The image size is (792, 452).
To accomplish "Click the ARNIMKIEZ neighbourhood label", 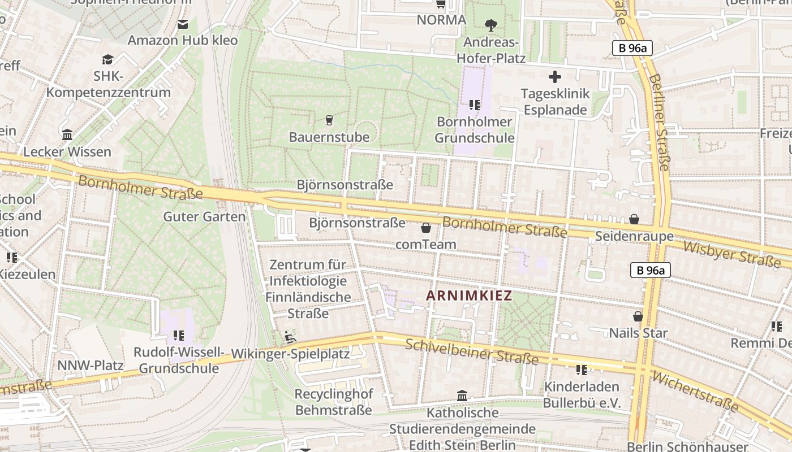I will tap(469, 295).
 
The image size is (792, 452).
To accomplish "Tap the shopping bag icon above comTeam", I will tap(426, 228).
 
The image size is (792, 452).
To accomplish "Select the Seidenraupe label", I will tap(634, 236).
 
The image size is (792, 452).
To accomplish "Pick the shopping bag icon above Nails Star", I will tap(638, 317).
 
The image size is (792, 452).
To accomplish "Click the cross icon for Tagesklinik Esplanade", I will tap(555, 77).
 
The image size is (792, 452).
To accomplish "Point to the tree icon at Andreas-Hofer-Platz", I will tap(490, 25).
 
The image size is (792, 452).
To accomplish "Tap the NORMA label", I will tap(441, 20).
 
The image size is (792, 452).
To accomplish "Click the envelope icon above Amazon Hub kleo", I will tap(183, 24).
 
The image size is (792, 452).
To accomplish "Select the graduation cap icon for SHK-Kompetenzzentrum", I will tap(107, 60).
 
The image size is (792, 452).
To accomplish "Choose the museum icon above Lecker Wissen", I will tap(67, 135).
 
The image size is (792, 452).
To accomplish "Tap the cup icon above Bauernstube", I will tap(329, 120).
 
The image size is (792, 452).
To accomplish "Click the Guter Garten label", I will tap(204, 216).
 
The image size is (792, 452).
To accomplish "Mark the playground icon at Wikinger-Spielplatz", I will tap(290, 337).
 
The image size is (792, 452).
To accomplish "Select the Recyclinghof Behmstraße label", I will tap(333, 402).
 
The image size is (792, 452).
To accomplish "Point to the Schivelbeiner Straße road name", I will tap(472, 351).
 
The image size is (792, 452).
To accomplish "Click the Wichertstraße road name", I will tap(695, 392).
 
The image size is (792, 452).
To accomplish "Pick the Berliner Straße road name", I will tap(658, 121).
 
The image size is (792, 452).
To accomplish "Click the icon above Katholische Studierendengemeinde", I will tap(462, 395).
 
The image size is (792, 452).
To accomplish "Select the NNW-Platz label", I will tap(91, 365).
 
